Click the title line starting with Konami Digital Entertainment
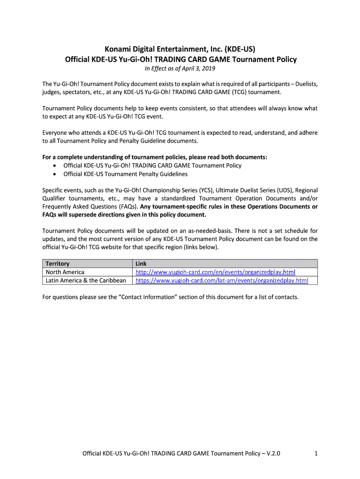click(180, 49)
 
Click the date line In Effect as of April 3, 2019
click(180, 69)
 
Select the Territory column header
click(58, 264)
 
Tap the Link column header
click(141, 264)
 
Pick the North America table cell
click(65, 272)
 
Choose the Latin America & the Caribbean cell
click(86, 281)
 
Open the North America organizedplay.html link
click(215, 272)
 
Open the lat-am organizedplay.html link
click(222, 281)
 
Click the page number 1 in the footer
click(317, 453)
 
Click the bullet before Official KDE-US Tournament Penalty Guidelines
click(55, 174)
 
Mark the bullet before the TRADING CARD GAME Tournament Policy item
click(55, 166)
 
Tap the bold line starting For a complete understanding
click(155, 157)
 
